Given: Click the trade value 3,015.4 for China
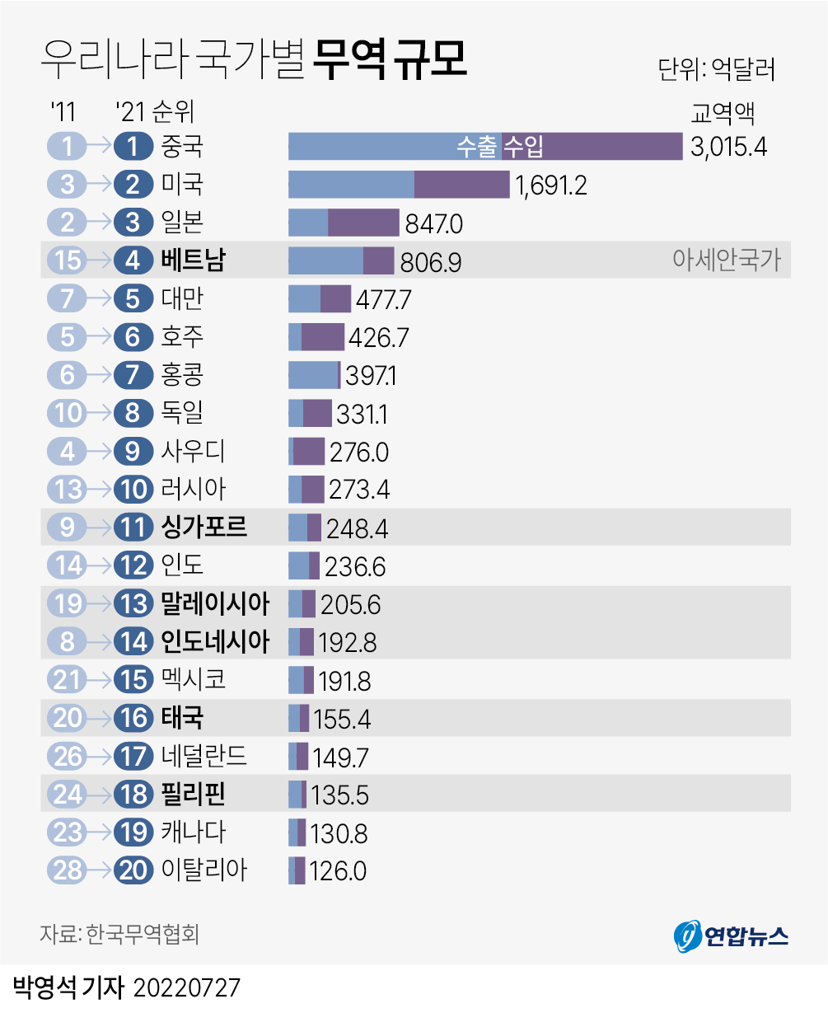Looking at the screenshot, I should [x=729, y=147].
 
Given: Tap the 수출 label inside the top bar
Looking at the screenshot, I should [x=478, y=147].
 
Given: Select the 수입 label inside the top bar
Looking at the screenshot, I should [x=524, y=147].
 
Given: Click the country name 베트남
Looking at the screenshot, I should [x=194, y=260].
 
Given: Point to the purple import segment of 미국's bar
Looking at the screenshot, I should [x=461, y=185].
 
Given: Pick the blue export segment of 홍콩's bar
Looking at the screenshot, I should [x=312, y=375].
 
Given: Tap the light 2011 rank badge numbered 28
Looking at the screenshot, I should [x=68, y=870].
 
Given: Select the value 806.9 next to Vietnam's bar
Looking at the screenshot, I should [x=430, y=262].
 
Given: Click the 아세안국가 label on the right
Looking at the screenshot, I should [x=726, y=260].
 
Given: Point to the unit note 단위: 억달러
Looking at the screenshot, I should [x=717, y=69].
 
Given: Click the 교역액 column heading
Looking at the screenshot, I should [x=723, y=112].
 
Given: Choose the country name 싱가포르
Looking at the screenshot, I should [x=204, y=527].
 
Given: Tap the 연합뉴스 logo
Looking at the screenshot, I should [x=731, y=936].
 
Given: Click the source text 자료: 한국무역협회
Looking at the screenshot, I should [x=119, y=934].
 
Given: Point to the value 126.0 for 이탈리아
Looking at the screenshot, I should [x=339, y=871].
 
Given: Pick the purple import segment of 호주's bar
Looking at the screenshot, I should [x=323, y=337].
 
